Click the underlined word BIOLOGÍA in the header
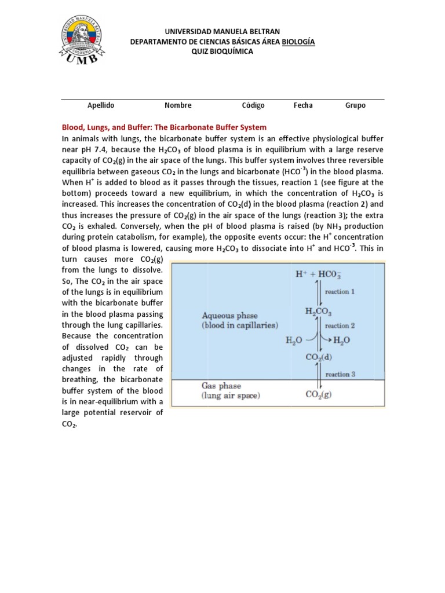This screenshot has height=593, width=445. [x=298, y=41]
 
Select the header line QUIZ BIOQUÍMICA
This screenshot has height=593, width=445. [x=222, y=52]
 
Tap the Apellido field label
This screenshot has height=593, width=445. [x=101, y=105]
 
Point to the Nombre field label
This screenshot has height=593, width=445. [x=178, y=105]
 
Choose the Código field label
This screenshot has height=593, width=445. [x=253, y=105]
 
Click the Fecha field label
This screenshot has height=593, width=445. [x=303, y=105]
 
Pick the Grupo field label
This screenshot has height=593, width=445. [x=355, y=105]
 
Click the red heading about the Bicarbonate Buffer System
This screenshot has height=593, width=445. [x=164, y=127]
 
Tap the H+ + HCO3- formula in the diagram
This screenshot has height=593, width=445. [x=318, y=274]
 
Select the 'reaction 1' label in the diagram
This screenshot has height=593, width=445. [x=345, y=292]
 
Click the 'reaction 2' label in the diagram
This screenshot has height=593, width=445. [x=345, y=326]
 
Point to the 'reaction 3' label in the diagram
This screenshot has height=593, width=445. [x=345, y=374]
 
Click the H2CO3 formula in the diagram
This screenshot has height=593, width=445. [x=319, y=312]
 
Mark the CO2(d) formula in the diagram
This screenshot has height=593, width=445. [x=319, y=357]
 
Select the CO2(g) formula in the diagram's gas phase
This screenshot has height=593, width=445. [x=319, y=396]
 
